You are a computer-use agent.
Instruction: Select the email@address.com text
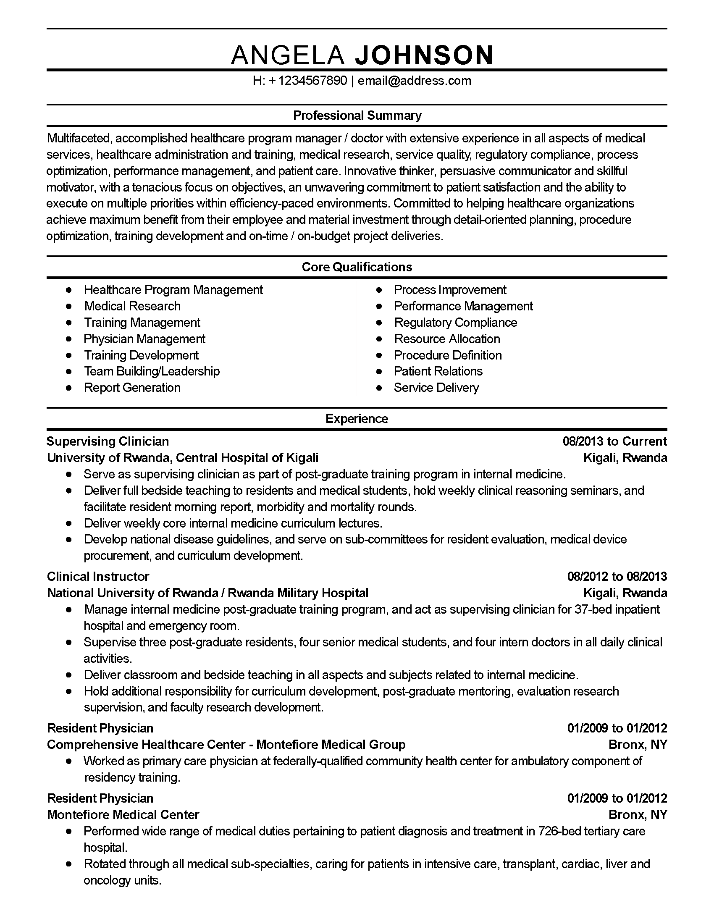pyautogui.click(x=415, y=81)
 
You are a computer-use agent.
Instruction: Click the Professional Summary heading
pyautogui.click(x=357, y=115)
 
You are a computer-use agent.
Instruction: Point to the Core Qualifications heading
pyautogui.click(x=357, y=267)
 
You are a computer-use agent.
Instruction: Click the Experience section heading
pyautogui.click(x=357, y=418)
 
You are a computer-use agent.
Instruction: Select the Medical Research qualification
pyautogui.click(x=132, y=306)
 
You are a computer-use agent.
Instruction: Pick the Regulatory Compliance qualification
pyautogui.click(x=456, y=323)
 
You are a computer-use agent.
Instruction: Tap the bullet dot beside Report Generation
pyautogui.click(x=69, y=388)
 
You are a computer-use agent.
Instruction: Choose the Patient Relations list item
pyautogui.click(x=438, y=371)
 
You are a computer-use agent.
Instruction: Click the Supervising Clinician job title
pyautogui.click(x=108, y=441)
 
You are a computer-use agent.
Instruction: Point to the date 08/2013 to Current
pyautogui.click(x=614, y=441)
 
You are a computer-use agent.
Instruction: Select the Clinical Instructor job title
pyautogui.click(x=98, y=576)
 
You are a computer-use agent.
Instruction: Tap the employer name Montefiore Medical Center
pyautogui.click(x=123, y=814)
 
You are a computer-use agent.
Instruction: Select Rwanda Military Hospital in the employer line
pyautogui.click(x=298, y=593)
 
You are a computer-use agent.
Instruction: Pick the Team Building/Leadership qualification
pyautogui.click(x=152, y=371)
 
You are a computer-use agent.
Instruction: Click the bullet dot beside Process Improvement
pyautogui.click(x=379, y=290)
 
